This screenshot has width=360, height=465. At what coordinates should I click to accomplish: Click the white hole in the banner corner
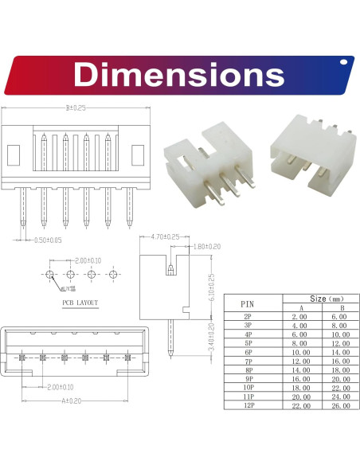point(345,61)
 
